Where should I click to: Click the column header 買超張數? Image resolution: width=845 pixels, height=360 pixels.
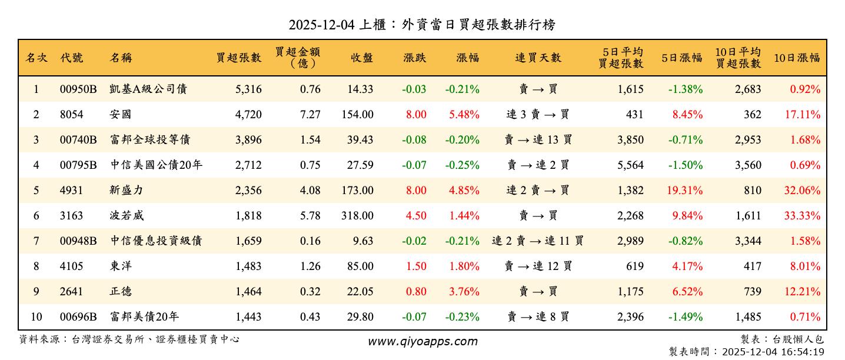point(238,58)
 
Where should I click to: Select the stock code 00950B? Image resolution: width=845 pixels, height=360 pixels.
point(78,89)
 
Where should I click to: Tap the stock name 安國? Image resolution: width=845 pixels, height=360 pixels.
point(120,115)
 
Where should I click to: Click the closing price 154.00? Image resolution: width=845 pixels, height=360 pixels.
point(357,115)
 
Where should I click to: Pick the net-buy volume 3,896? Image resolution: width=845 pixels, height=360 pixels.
point(248,140)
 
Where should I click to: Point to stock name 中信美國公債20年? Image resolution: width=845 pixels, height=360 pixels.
point(156,165)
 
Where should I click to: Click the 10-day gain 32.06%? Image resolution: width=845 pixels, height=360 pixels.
point(802,191)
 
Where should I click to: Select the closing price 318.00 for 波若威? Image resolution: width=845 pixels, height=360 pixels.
point(357,216)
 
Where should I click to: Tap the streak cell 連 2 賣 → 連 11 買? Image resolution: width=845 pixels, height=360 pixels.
point(538,241)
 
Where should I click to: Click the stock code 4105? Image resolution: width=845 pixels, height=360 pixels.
point(71,266)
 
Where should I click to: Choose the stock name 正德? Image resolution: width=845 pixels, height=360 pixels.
point(120,292)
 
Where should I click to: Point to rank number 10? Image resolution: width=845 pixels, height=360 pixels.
point(36,317)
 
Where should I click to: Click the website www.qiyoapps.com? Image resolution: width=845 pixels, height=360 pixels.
point(422,342)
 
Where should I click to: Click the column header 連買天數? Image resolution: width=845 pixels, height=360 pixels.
point(538,58)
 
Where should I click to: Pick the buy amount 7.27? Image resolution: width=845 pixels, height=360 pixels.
point(310,115)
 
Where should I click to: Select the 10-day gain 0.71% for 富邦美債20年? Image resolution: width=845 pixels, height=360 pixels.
point(806,317)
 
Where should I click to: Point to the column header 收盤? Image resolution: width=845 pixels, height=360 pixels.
point(362,58)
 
